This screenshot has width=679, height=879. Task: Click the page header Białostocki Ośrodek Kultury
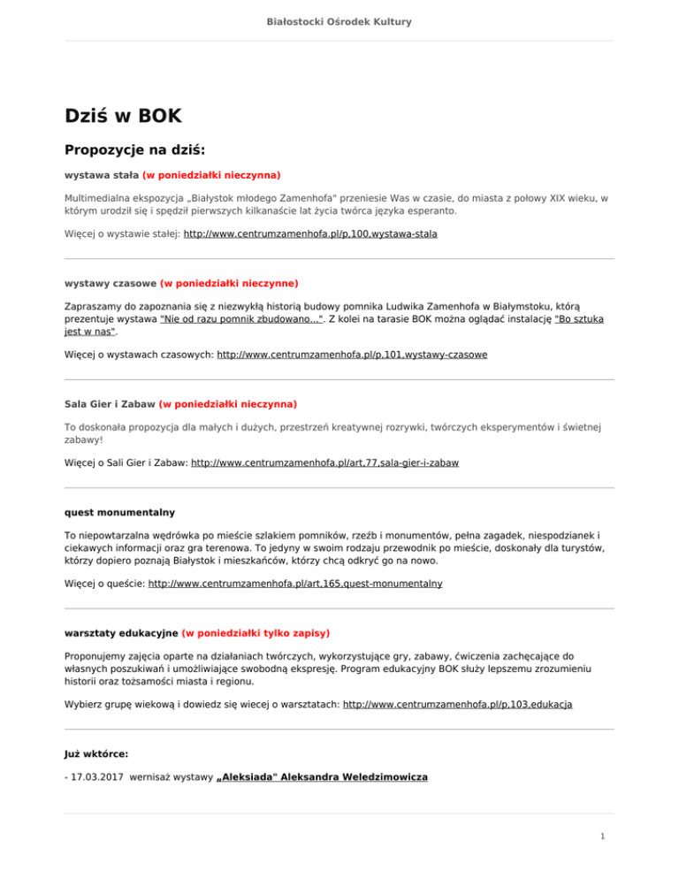[x=339, y=20]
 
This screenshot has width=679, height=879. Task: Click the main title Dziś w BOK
[x=124, y=116]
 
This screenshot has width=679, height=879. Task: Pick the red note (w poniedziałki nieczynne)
[x=229, y=284]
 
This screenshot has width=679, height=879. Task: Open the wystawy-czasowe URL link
[x=352, y=354]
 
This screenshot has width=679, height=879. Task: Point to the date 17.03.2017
[x=98, y=777]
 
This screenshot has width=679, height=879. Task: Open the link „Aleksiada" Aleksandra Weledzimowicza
[x=322, y=777]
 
